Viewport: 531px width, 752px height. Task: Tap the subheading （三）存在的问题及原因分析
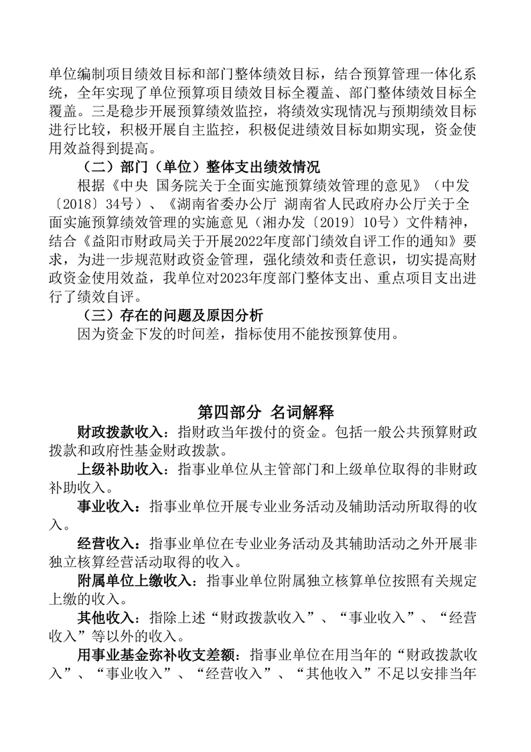click(x=171, y=314)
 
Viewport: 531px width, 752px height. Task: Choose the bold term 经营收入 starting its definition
click(x=105, y=542)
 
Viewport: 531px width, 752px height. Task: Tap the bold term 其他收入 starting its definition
click(x=105, y=617)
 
